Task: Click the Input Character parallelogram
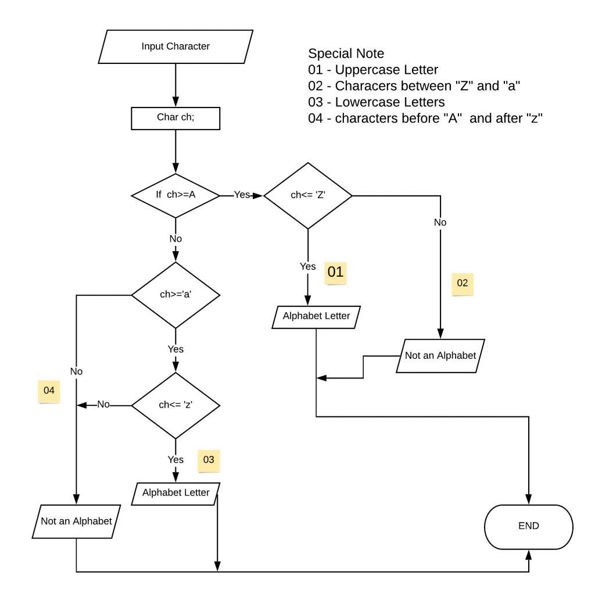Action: pyautogui.click(x=175, y=47)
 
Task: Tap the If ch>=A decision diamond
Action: pyautogui.click(x=175, y=195)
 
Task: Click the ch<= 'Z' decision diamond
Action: pyautogui.click(x=308, y=195)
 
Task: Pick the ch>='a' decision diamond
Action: pyautogui.click(x=175, y=294)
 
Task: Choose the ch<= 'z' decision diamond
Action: pyautogui.click(x=175, y=404)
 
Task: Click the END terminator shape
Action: pyautogui.click(x=529, y=526)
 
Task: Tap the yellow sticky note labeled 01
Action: pyautogui.click(x=336, y=272)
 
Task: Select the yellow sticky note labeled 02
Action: pyautogui.click(x=462, y=283)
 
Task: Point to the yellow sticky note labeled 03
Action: pyautogui.click(x=209, y=460)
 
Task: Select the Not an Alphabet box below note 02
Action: pyautogui.click(x=440, y=355)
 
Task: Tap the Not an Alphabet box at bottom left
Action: pyautogui.click(x=76, y=521)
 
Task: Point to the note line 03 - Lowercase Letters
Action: pyautogui.click(x=377, y=102)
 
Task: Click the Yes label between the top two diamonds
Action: pyautogui.click(x=242, y=195)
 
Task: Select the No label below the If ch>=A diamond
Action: pyautogui.click(x=175, y=238)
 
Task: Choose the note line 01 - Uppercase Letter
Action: pyautogui.click(x=374, y=70)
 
